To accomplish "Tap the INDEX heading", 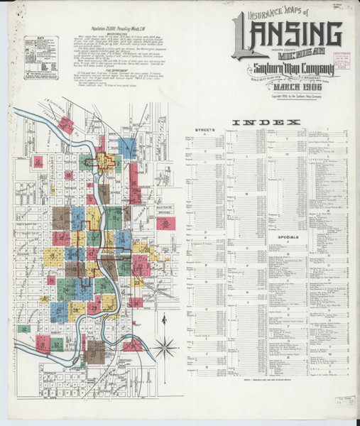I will point(257,122).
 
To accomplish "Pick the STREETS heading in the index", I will point(204,131).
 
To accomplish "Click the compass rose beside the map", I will point(165,348).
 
